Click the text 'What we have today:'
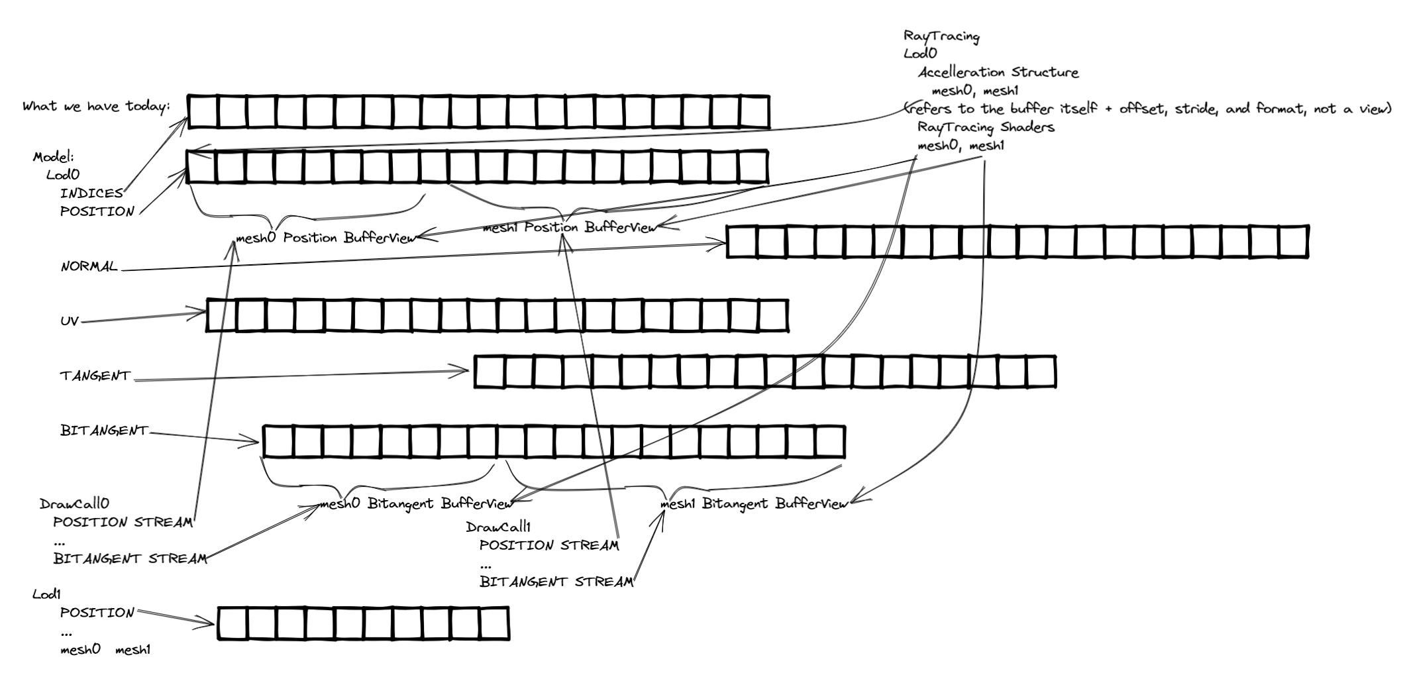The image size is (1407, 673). [x=96, y=107]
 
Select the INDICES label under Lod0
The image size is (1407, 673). [x=91, y=193]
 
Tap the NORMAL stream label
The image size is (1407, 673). [x=89, y=267]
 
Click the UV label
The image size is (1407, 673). [x=70, y=321]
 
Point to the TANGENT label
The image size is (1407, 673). [x=95, y=376]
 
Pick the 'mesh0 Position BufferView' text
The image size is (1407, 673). [x=325, y=238]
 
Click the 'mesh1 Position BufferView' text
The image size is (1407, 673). [x=569, y=228]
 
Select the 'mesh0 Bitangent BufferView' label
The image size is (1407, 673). [x=416, y=503]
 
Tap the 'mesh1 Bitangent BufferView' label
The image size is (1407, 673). [x=754, y=503]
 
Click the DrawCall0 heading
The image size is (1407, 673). [x=74, y=504]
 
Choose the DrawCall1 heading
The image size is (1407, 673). [x=498, y=527]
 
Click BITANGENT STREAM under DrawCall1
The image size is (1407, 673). [x=556, y=582]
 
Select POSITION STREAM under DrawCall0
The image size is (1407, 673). [x=123, y=522]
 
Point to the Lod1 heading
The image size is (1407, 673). [x=46, y=594]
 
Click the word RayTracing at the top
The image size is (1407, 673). [x=941, y=36]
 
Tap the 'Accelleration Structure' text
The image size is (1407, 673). [x=998, y=72]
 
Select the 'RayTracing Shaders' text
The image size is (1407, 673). [x=985, y=127]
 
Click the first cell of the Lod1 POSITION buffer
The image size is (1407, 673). [x=232, y=623]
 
